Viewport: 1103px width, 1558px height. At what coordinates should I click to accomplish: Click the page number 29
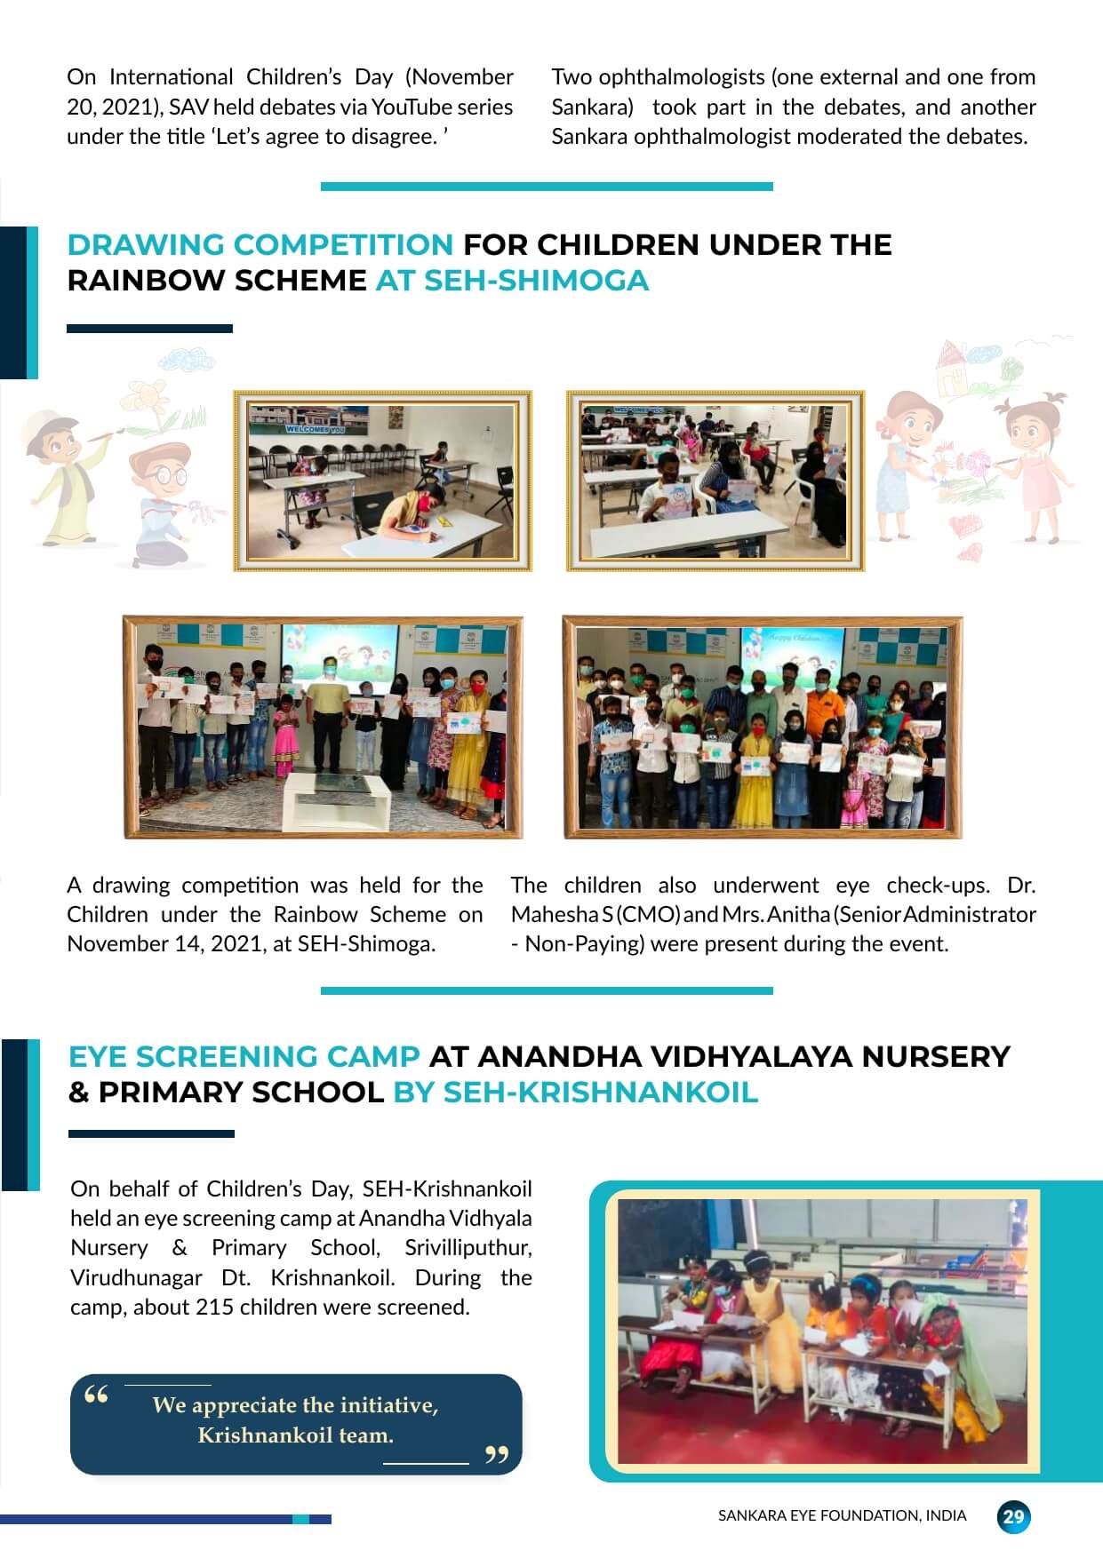(x=1013, y=1516)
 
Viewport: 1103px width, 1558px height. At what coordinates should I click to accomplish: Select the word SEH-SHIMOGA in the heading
(x=536, y=281)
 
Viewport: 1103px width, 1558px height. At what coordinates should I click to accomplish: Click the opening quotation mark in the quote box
(x=96, y=1395)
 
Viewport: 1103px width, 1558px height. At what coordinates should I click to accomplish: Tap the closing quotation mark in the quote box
(x=496, y=1454)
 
